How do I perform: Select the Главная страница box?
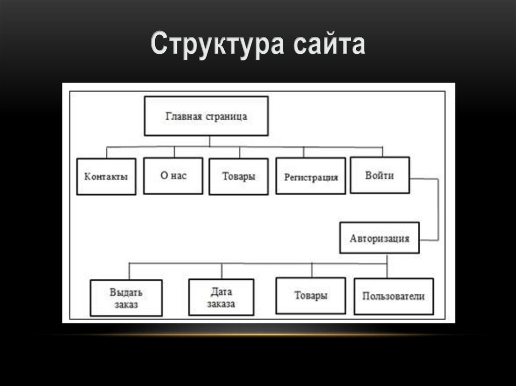pos(206,116)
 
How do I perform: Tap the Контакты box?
pos(106,177)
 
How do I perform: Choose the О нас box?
pos(173,176)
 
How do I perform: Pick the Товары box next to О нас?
pos(239,176)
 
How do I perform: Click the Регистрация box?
pos(311,176)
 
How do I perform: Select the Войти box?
pos(380,175)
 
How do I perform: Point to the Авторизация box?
pos(379,237)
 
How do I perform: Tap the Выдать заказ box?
pos(126,298)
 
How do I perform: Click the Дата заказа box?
pos(221,297)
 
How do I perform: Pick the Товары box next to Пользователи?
pos(311,296)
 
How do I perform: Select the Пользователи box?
pos(394,296)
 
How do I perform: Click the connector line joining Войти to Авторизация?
pos(437,209)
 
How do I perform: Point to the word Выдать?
pos(126,292)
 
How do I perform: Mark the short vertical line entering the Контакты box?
pos(106,152)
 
